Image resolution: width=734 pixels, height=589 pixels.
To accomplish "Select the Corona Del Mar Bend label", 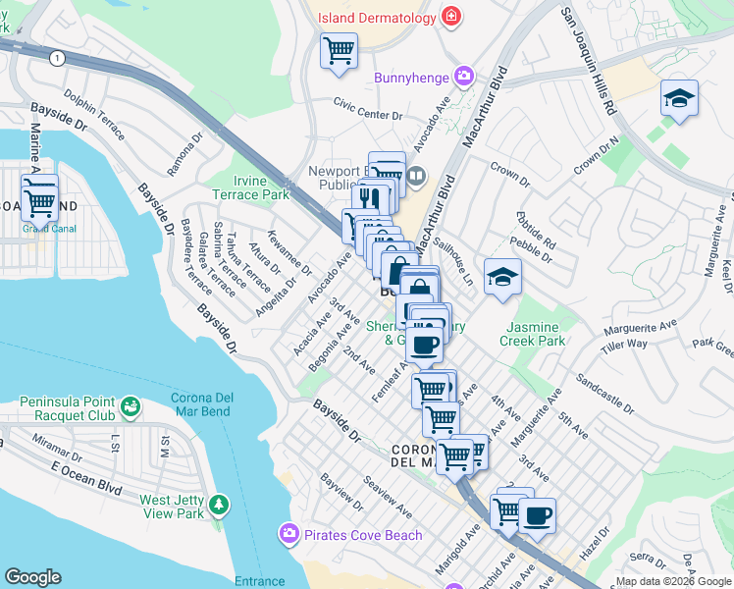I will (x=201, y=404).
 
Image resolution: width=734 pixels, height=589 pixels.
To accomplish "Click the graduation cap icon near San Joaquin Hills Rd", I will (x=679, y=99).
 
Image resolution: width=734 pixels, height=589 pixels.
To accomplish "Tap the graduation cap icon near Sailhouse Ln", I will (x=501, y=276).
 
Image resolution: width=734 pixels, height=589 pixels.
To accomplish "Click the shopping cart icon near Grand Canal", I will (x=39, y=201).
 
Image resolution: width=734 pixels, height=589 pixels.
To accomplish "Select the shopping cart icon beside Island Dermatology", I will (x=339, y=49).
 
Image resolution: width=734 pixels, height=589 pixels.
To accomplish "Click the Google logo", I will (x=32, y=577).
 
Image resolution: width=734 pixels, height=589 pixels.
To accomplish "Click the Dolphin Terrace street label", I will (x=94, y=117).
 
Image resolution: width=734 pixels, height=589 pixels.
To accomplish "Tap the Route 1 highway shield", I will (x=59, y=59).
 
